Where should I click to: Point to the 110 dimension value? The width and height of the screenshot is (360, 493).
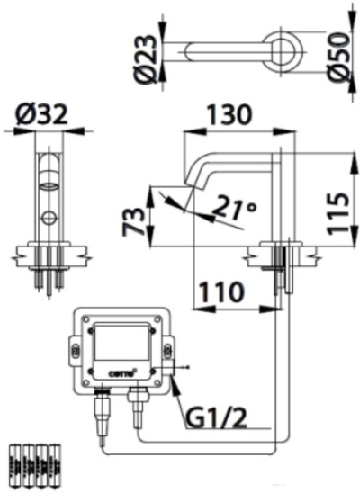coord(220,291)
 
